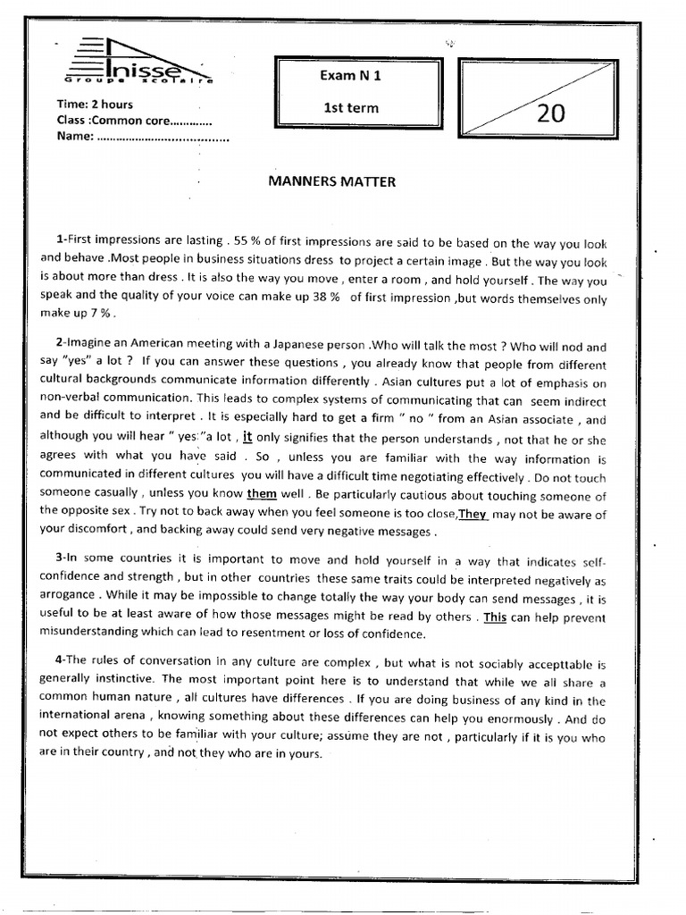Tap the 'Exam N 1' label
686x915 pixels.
[x=350, y=76]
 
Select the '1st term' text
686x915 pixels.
[x=351, y=108]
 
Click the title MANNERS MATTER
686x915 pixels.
[x=331, y=181]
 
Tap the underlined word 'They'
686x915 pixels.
[x=473, y=515]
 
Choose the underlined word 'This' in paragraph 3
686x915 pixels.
[x=495, y=617]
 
